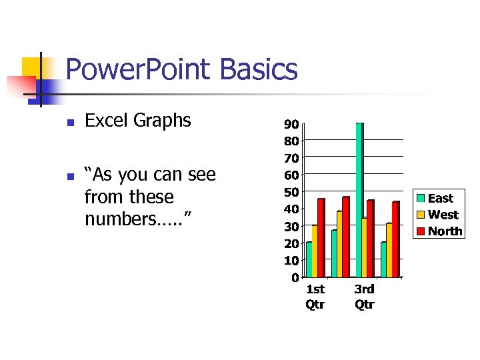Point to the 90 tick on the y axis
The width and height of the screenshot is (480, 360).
pyautogui.click(x=291, y=124)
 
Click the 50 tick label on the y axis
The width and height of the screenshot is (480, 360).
pyautogui.click(x=291, y=192)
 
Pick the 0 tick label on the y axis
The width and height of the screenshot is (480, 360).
pyautogui.click(x=294, y=277)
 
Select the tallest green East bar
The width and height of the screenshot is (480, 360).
pyautogui.click(x=359, y=200)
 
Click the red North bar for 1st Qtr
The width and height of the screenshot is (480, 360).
pyautogui.click(x=321, y=237)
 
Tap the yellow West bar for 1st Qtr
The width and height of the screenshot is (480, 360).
pyautogui.click(x=315, y=251)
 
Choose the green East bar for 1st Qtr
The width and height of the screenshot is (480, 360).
pyautogui.click(x=309, y=259)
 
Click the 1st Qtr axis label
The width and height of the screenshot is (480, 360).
pyautogui.click(x=315, y=297)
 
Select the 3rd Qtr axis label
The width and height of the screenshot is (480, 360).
pyautogui.click(x=364, y=297)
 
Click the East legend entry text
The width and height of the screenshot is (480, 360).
pyautogui.click(x=440, y=198)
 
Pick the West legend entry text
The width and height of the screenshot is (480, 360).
pyautogui.click(x=443, y=215)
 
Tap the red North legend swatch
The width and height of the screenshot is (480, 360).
pyautogui.click(x=421, y=231)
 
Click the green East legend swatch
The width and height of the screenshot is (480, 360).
pyautogui.click(x=421, y=198)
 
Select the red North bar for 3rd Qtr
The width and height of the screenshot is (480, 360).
pyautogui.click(x=370, y=238)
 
